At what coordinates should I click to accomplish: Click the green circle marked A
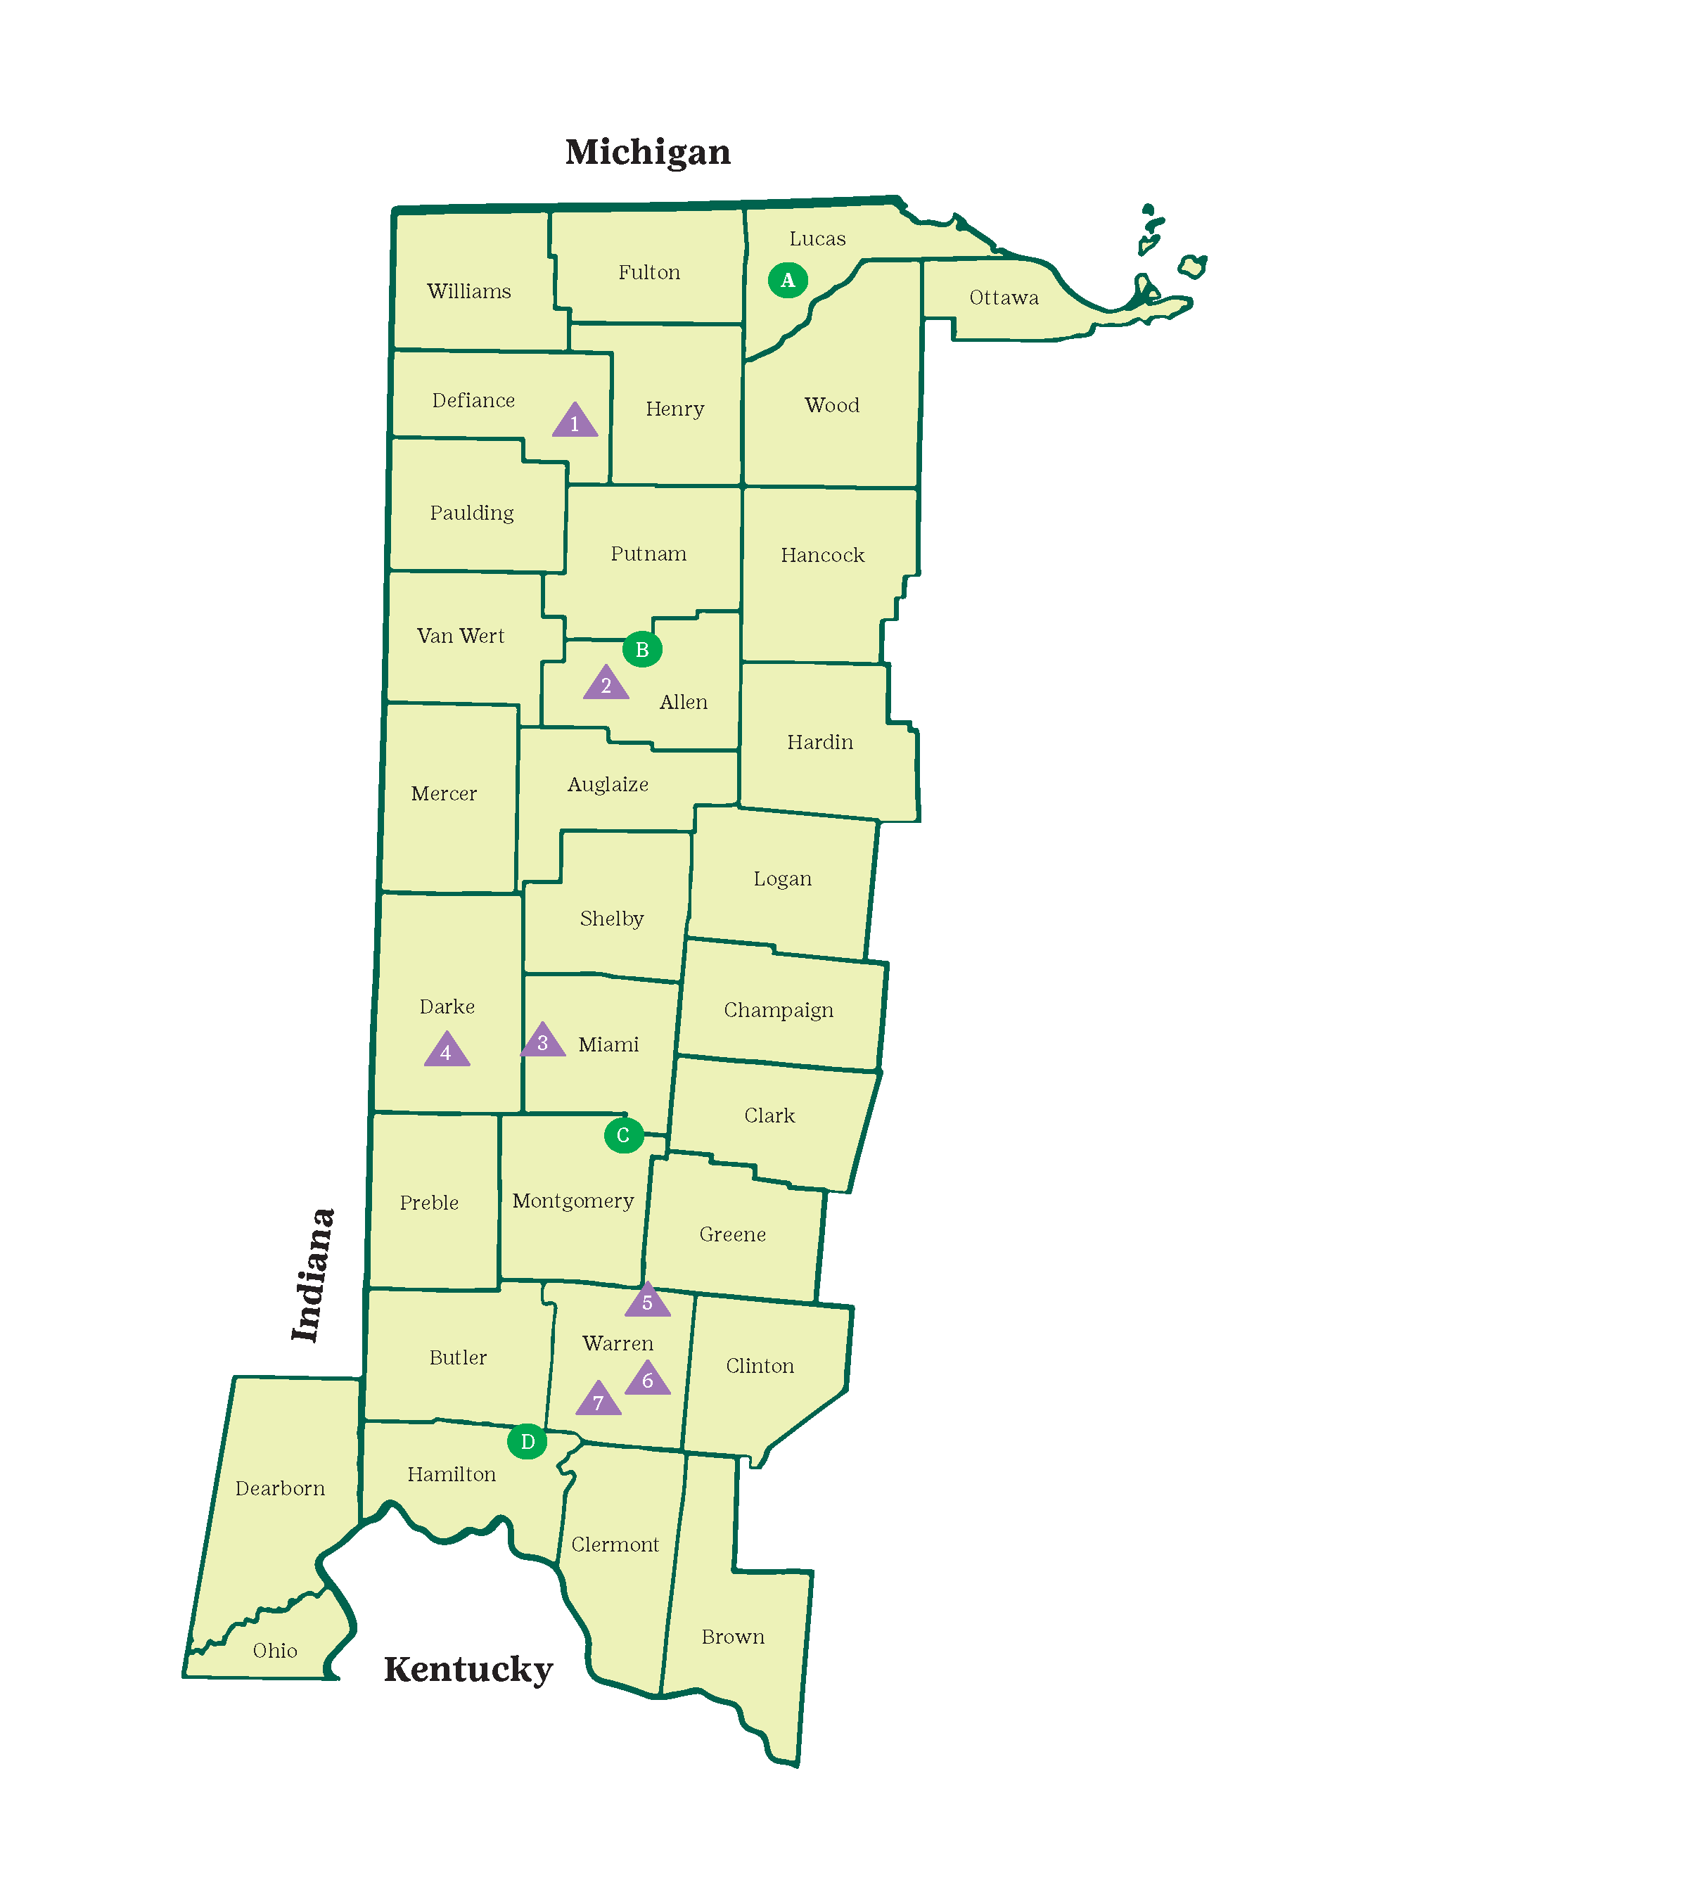point(788,280)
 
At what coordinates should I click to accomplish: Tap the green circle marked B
point(642,649)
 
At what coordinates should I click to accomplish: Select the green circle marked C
point(623,1135)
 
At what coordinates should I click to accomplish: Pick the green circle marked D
point(527,1442)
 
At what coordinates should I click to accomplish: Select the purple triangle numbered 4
point(447,1051)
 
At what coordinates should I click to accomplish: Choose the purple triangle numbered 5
point(648,1300)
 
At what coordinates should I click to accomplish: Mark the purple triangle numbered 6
point(648,1380)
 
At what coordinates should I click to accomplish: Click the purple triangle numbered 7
point(599,1401)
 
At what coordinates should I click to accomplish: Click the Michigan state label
point(648,151)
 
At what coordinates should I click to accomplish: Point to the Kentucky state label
point(468,1670)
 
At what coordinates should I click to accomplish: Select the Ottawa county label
point(1004,298)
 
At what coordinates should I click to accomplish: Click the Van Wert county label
point(460,636)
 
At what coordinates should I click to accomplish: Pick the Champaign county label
point(779,1010)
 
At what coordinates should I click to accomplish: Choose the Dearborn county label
point(280,1488)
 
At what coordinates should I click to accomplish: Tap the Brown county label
point(733,1637)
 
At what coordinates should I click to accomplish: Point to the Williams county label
point(468,290)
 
